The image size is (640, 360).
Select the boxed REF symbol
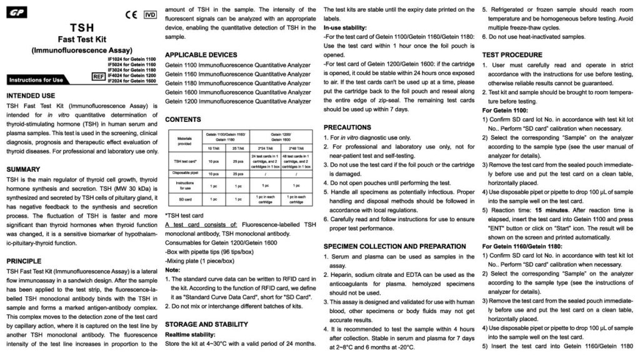tap(97, 76)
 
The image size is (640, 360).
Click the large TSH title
tap(81, 27)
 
